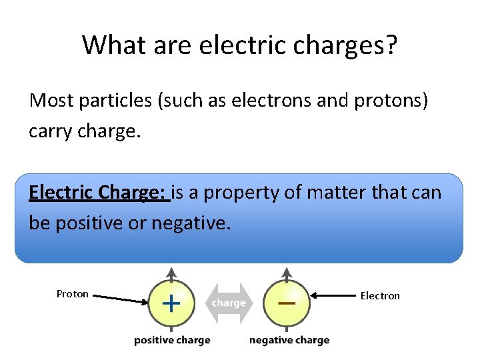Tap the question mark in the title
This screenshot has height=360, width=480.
(391, 45)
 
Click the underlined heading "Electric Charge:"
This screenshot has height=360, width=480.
(98, 193)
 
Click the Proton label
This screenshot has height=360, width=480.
(72, 294)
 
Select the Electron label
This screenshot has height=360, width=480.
(380, 295)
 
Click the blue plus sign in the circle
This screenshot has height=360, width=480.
(171, 304)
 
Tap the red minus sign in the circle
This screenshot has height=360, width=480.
(287, 302)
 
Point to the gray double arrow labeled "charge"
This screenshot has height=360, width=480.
(229, 303)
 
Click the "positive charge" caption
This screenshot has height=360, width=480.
(172, 340)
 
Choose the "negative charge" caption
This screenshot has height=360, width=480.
(289, 340)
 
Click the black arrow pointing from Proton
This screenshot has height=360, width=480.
(120, 299)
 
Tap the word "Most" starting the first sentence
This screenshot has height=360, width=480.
(51, 101)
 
